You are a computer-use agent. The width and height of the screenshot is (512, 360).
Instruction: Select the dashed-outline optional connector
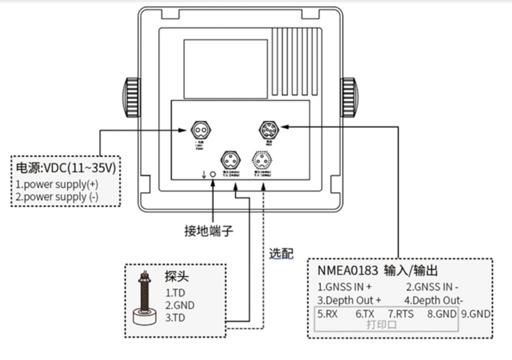pos(263,160)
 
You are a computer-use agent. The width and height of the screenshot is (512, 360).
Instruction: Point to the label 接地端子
pos(209,231)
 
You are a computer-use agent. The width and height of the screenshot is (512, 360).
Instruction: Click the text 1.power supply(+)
pos(56,184)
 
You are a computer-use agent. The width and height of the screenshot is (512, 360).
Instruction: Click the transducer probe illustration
pos(144,301)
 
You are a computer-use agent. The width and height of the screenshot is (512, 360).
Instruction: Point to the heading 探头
pos(176,277)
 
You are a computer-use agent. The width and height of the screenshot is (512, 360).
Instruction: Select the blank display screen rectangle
pos(225,68)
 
